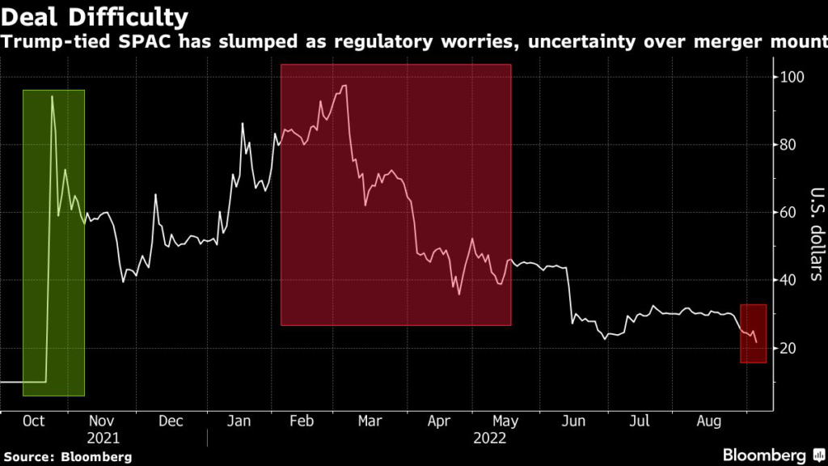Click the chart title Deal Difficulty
point(95,16)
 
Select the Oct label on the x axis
point(33,422)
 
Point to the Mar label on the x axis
point(369,422)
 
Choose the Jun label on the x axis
point(573,422)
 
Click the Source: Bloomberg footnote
point(66,457)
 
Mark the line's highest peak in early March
point(345,86)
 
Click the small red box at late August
point(754,333)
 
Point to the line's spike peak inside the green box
point(52,96)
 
